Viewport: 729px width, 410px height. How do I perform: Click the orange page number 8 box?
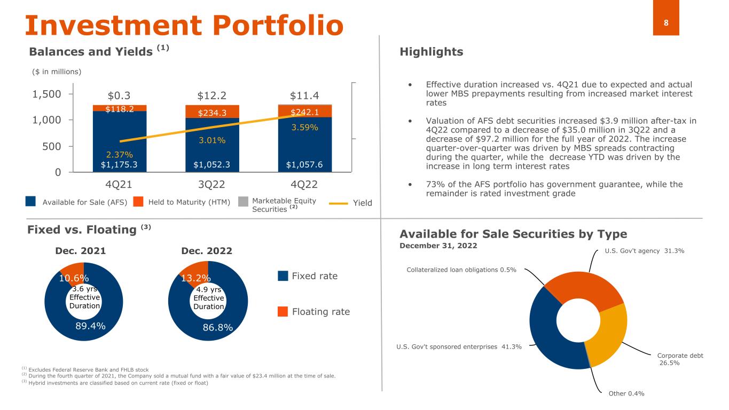pyautogui.click(x=666, y=18)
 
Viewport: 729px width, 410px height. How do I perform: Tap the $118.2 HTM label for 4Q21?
pyautogui.click(x=120, y=109)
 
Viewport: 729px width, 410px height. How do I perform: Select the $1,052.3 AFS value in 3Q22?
pyautogui.click(x=211, y=164)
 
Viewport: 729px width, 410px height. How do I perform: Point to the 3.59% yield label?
pyautogui.click(x=304, y=127)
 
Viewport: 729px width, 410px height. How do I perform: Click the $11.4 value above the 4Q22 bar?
pyautogui.click(x=304, y=96)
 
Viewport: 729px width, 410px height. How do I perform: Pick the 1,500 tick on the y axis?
pyautogui.click(x=46, y=94)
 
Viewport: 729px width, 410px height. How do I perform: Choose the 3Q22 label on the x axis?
pyautogui.click(x=211, y=185)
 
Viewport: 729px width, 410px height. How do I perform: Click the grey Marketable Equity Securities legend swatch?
pyautogui.click(x=243, y=201)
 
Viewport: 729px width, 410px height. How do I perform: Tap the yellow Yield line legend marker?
pyautogui.click(x=339, y=203)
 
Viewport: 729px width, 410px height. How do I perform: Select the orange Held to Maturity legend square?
pyautogui.click(x=138, y=201)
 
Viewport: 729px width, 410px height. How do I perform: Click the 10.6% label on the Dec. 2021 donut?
pyautogui.click(x=74, y=278)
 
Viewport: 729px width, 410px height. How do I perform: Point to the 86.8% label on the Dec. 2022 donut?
pyautogui.click(x=218, y=327)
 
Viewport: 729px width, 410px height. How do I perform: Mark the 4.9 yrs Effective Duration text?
pyautogui.click(x=209, y=298)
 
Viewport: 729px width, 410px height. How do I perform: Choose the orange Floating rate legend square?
pyautogui.click(x=283, y=311)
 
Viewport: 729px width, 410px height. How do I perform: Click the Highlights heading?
pyautogui.click(x=431, y=51)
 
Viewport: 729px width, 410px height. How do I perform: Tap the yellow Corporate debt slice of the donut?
pyautogui.click(x=607, y=335)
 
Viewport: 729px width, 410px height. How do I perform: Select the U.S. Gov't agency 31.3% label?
pyautogui.click(x=645, y=251)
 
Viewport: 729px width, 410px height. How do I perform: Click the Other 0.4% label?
pyautogui.click(x=626, y=393)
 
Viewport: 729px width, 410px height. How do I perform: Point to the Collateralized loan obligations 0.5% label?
pyautogui.click(x=461, y=270)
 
